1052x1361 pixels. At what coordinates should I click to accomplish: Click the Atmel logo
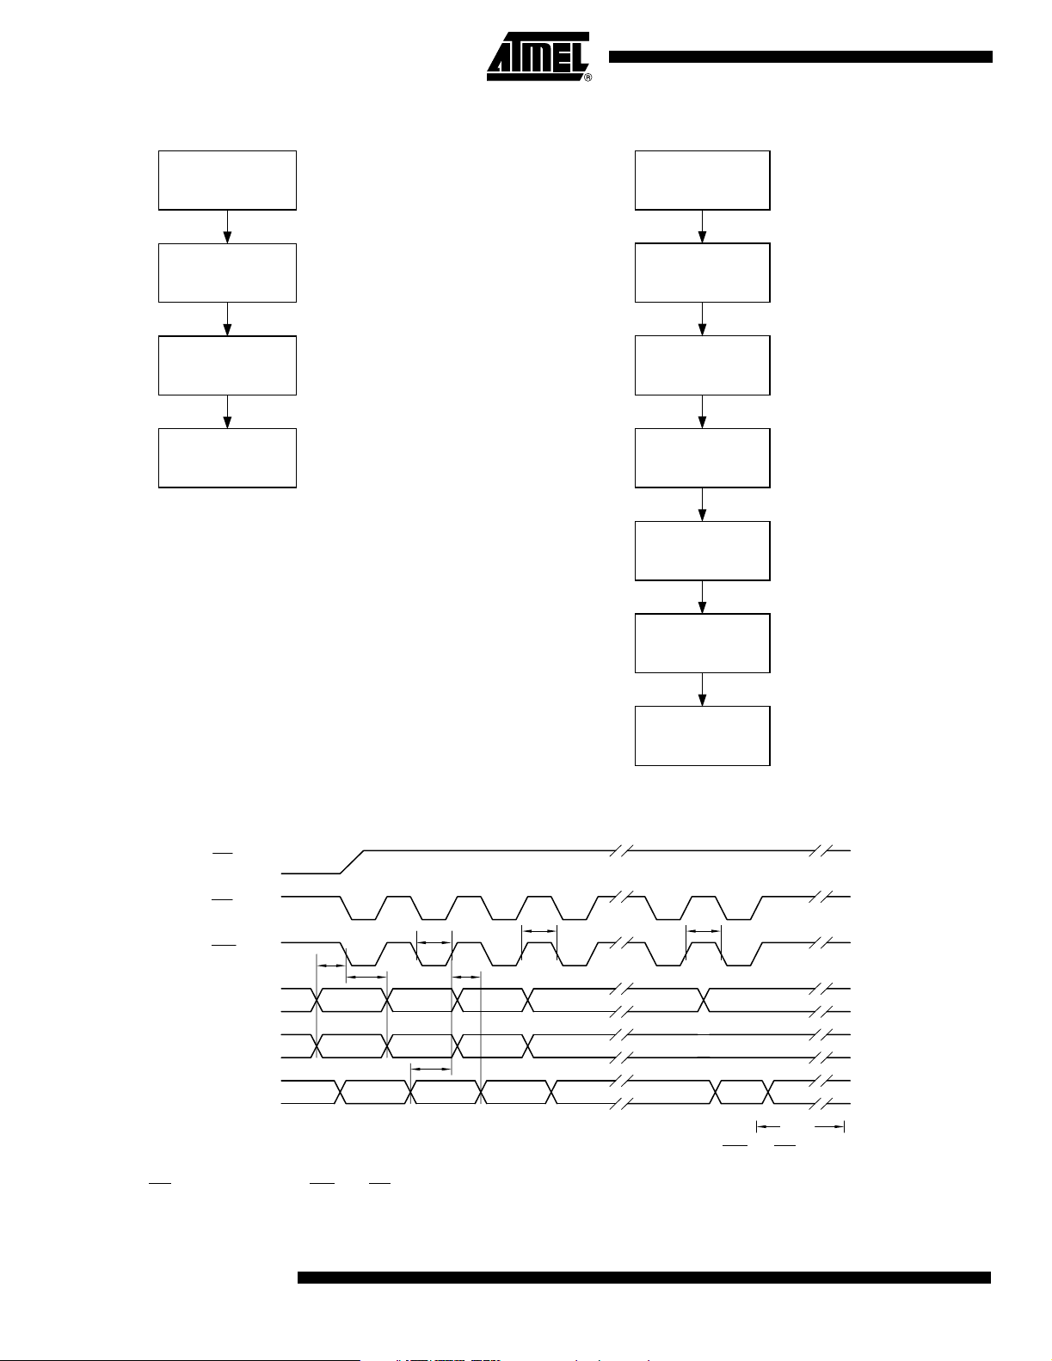538,57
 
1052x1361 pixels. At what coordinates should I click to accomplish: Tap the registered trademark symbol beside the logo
588,77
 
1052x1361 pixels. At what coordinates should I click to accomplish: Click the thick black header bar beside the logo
800,58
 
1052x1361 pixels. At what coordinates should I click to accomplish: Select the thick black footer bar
644,1278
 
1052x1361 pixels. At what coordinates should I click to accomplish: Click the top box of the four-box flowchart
227,181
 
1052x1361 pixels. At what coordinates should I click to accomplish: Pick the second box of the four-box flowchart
227,273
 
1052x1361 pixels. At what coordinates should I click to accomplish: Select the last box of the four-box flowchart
227,458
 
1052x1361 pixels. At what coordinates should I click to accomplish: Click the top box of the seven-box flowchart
702,181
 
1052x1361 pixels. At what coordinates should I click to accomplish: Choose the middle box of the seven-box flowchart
702,458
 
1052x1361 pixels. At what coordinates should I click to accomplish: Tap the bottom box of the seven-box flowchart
702,736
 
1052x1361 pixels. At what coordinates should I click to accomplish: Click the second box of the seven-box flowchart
702,273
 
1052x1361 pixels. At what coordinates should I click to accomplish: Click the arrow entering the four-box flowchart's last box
227,412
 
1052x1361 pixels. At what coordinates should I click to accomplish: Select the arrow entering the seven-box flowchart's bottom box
702,690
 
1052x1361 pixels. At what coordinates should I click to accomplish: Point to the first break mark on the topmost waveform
621,850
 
